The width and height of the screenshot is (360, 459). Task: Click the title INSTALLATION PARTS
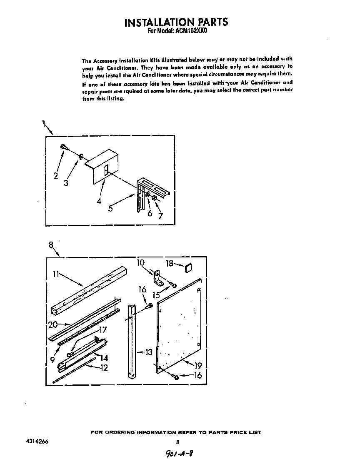coord(176,22)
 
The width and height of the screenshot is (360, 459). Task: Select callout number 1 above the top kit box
coord(43,123)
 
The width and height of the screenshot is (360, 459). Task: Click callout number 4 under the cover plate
coord(99,201)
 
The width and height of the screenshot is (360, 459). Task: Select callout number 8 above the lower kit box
coord(51,245)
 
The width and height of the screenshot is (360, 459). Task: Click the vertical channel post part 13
coord(131,342)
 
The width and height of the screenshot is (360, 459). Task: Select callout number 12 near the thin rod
coord(103,368)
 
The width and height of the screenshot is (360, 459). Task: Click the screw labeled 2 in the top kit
coord(62,146)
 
